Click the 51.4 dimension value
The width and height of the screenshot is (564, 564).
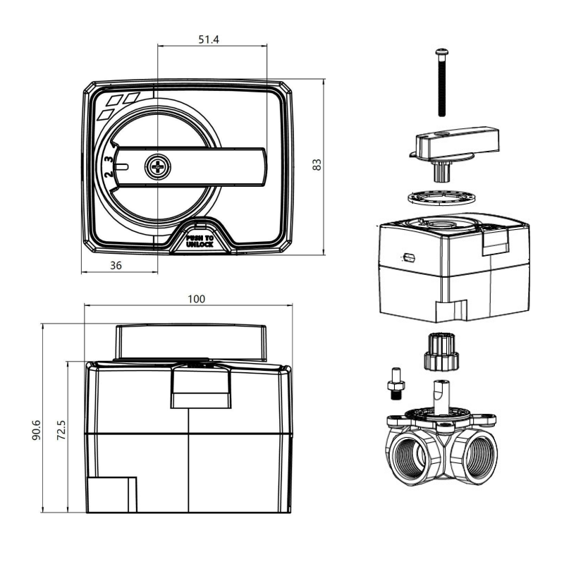click(209, 39)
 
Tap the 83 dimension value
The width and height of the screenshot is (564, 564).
click(317, 164)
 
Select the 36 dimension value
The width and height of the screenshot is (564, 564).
click(116, 266)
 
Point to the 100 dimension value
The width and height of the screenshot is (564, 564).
click(197, 299)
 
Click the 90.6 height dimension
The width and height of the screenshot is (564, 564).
click(37, 430)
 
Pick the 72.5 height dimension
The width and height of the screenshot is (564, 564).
click(61, 430)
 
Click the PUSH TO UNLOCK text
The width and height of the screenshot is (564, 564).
click(200, 241)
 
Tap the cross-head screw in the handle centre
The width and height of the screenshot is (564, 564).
click(158, 166)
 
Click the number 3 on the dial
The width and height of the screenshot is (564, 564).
click(109, 159)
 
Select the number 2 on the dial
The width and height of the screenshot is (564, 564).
click(109, 175)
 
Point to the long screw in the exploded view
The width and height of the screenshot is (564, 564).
click(442, 82)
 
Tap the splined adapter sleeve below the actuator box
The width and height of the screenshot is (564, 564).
click(442, 352)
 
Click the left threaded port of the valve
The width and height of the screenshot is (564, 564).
click(409, 455)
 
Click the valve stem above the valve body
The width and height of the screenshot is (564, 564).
click(442, 398)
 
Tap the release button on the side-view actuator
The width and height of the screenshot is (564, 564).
click(201, 388)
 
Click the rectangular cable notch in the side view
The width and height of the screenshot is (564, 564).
click(112, 494)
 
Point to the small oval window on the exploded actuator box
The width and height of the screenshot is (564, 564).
click(409, 257)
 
